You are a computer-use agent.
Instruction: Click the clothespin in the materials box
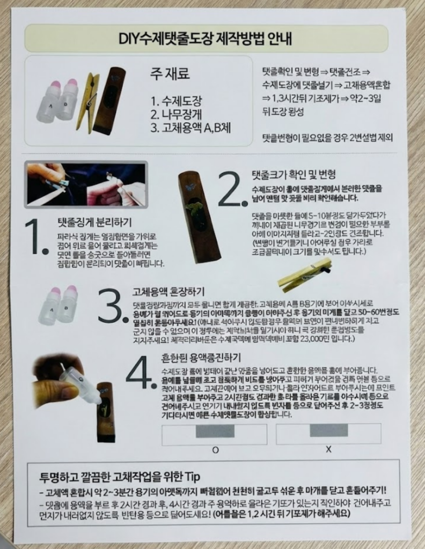[x=88, y=102]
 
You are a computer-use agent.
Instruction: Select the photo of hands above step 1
[x=85, y=184]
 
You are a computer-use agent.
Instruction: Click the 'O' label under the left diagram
[x=215, y=450]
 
